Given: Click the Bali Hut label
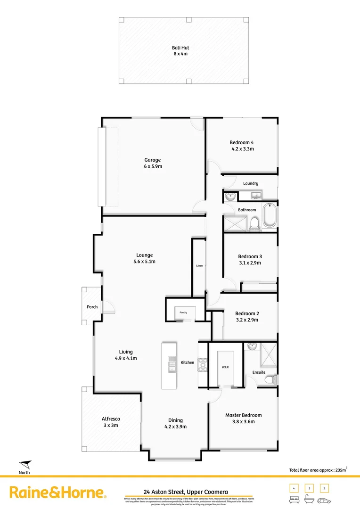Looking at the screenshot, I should (180, 47).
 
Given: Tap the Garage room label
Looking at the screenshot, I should (153, 160).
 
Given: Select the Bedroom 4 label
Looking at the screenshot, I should (242, 142).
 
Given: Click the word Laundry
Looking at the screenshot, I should (251, 183).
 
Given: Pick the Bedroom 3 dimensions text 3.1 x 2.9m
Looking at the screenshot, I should (250, 263).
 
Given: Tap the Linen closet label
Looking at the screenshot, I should (199, 266).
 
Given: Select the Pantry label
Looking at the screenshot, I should (183, 312).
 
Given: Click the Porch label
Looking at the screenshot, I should (92, 307).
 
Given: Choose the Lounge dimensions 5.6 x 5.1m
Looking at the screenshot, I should (145, 262).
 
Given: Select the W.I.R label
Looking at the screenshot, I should (225, 367).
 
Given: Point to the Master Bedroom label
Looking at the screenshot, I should (243, 415).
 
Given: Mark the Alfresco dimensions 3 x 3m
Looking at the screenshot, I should (111, 425).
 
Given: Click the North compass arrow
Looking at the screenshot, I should (25, 464).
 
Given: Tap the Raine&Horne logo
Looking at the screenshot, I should (57, 493).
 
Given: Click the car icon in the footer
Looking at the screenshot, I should (324, 500).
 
